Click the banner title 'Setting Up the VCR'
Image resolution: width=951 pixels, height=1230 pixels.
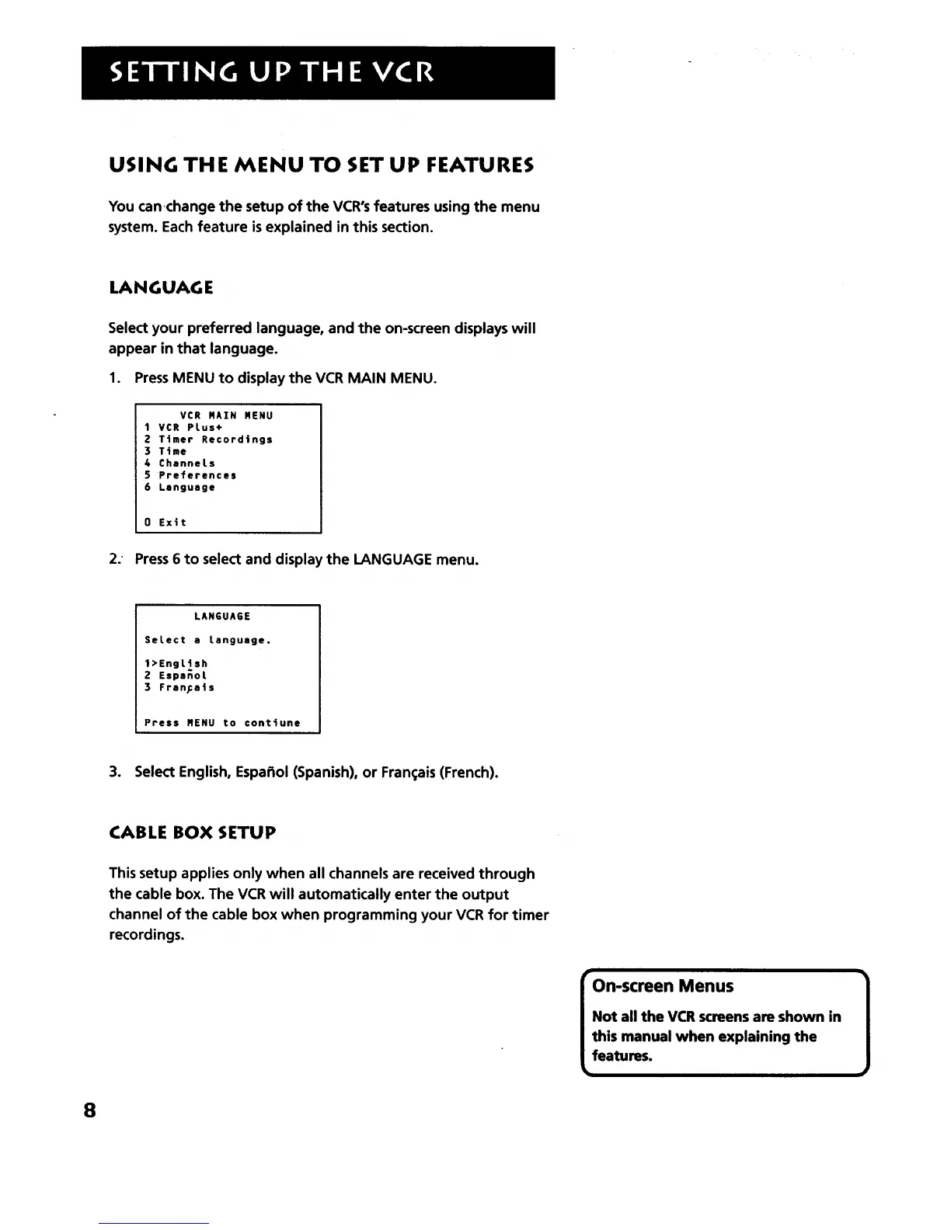(x=272, y=73)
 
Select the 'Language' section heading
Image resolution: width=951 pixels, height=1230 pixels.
(x=161, y=288)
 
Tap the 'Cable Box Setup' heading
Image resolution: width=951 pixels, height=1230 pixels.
(x=192, y=832)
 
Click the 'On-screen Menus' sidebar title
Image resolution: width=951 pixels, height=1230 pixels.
(x=662, y=986)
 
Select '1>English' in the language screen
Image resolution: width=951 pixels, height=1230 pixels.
(x=176, y=664)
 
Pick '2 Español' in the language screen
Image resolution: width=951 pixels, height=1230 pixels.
(x=176, y=676)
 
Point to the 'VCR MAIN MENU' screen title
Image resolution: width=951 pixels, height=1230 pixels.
(x=226, y=415)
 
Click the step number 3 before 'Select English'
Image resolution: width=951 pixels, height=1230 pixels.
(x=114, y=773)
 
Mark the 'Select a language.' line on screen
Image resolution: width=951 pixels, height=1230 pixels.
(x=207, y=641)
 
